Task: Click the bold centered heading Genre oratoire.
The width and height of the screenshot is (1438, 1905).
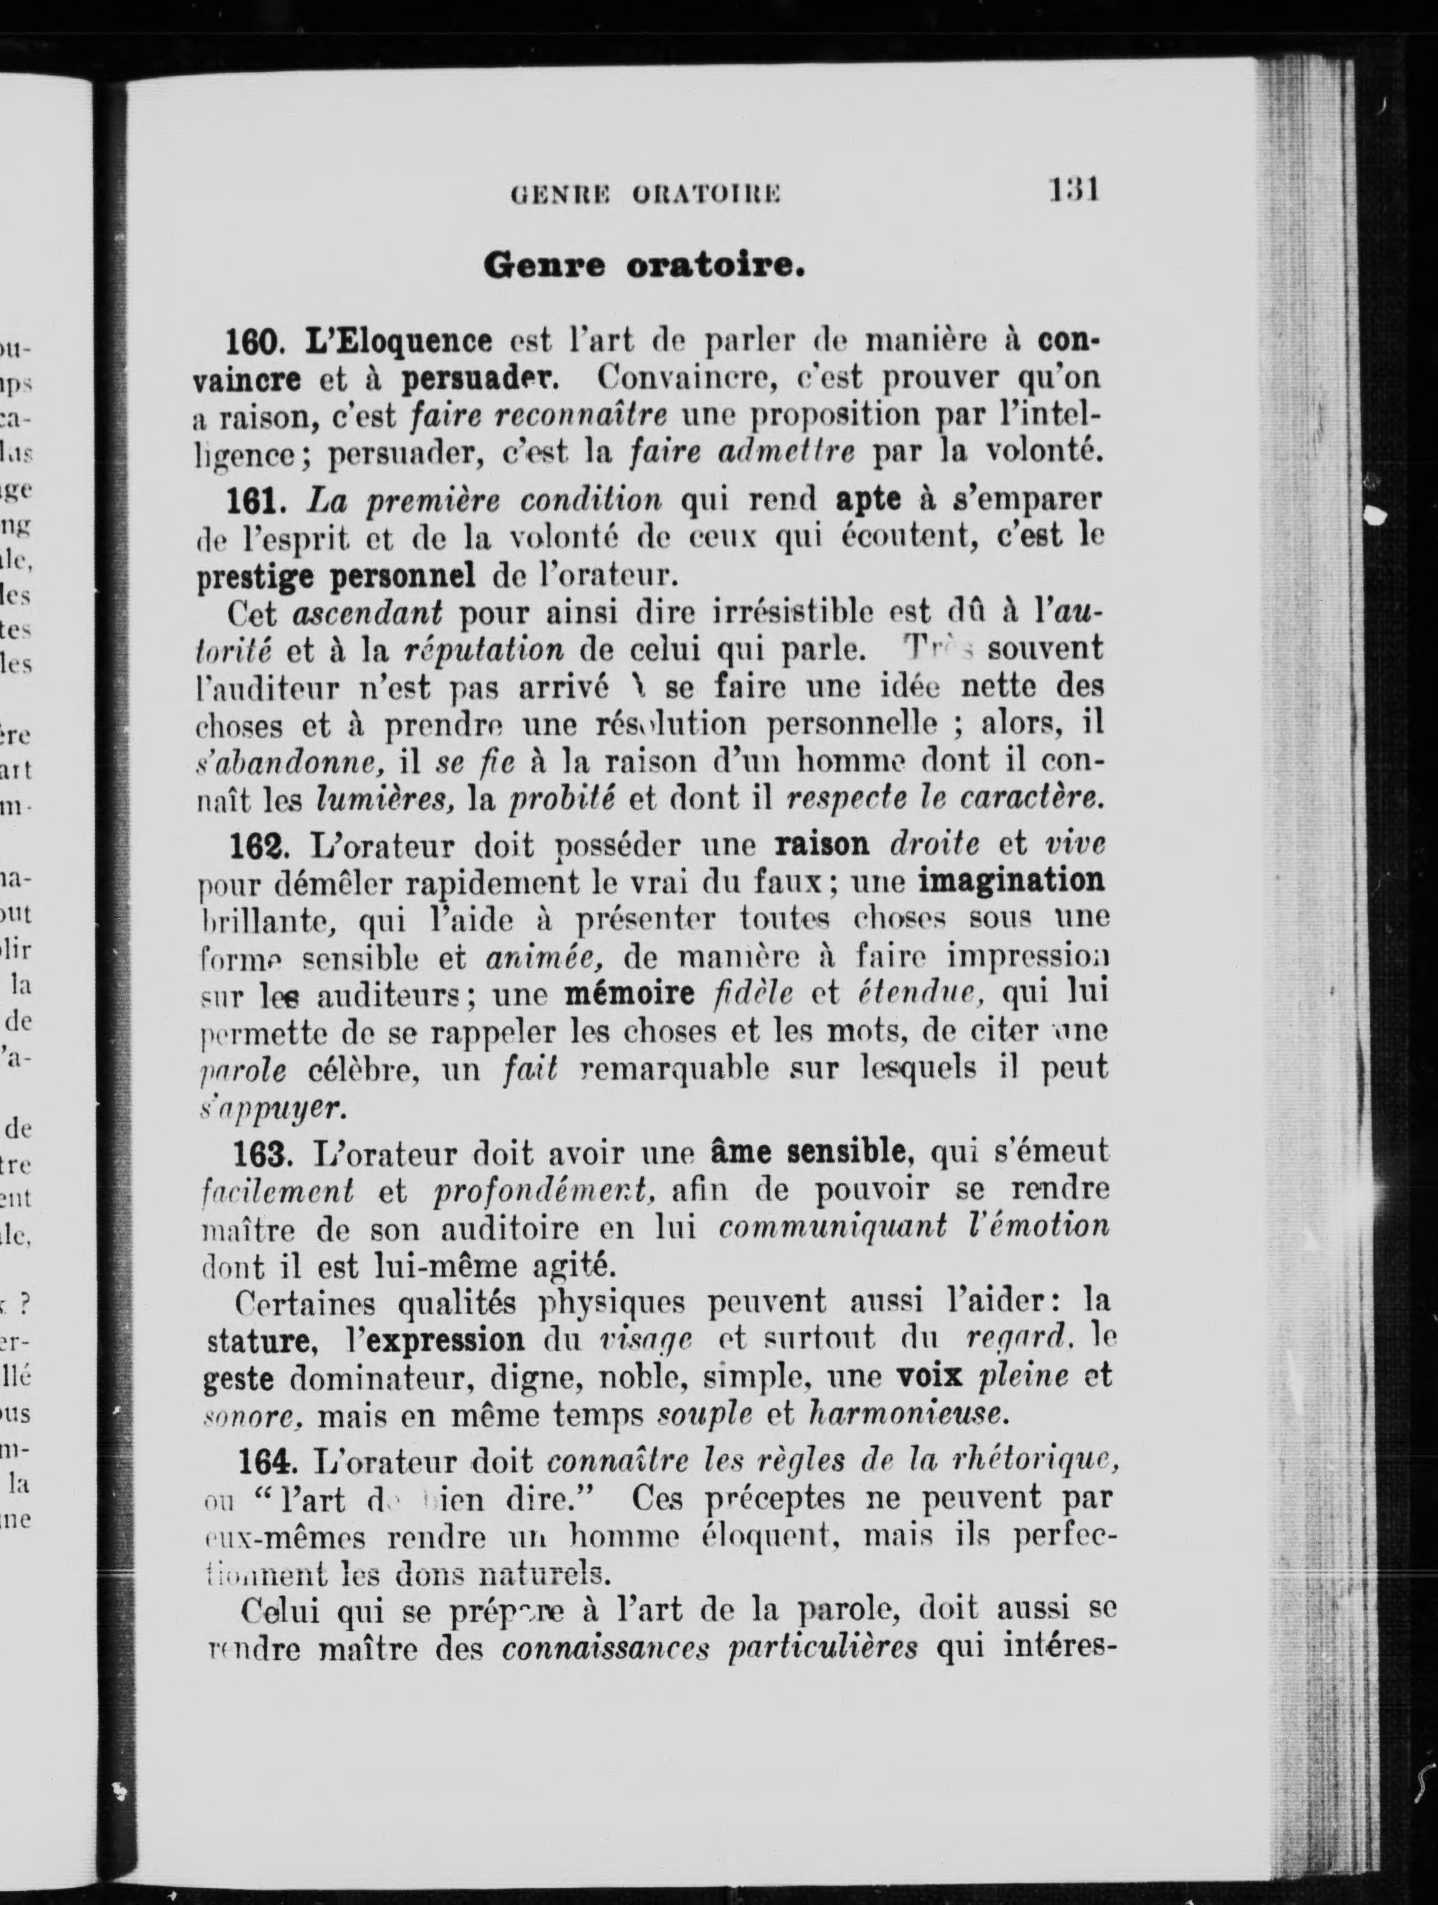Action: point(644,265)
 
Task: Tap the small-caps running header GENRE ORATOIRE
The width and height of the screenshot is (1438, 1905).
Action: point(645,194)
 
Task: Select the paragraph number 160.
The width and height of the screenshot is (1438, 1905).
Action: point(254,342)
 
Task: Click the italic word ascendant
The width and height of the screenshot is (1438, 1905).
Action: point(368,614)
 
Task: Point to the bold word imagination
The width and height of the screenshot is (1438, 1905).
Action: point(1011,882)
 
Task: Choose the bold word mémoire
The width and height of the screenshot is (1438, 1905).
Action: point(629,994)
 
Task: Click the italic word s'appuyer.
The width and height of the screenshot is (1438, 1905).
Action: point(272,1109)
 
